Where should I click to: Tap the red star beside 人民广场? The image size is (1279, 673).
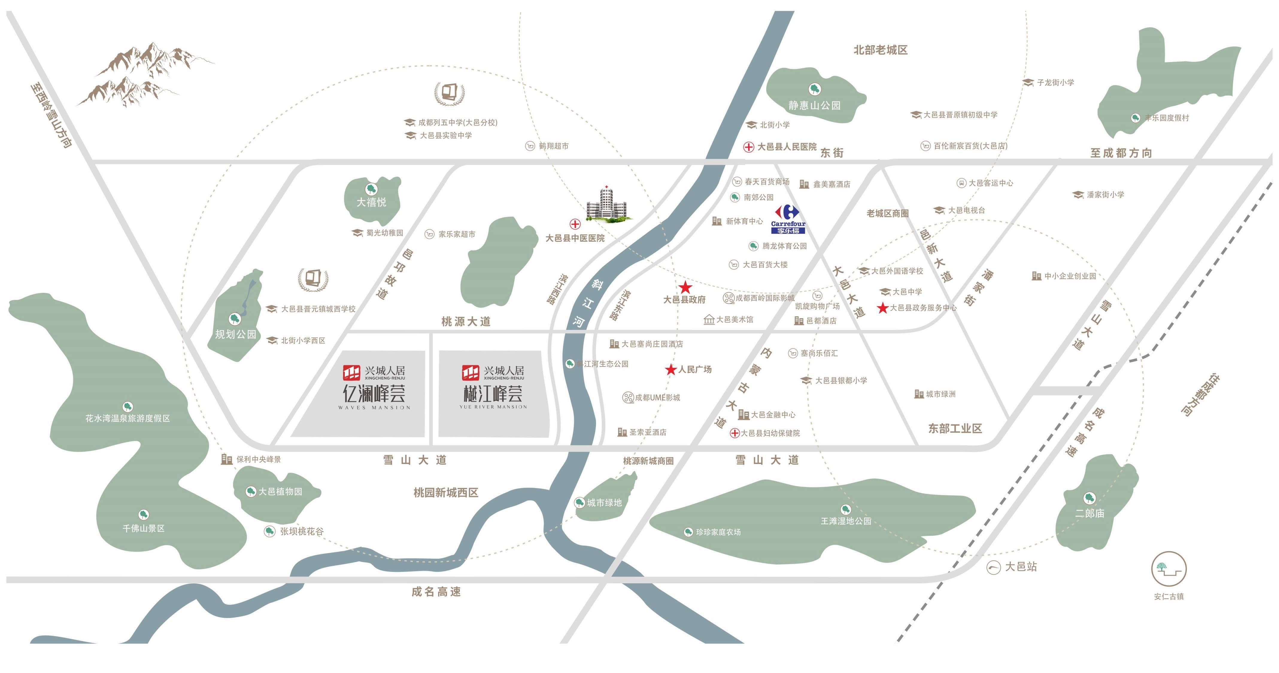671,370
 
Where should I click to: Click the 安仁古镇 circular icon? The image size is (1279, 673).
1169,569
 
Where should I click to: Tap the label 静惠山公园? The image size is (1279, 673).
814,105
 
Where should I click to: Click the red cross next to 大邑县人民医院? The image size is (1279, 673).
749,147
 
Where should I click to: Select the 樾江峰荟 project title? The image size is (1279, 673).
493,394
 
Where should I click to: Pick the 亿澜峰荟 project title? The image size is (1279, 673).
374,394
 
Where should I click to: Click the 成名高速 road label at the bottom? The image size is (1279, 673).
436,592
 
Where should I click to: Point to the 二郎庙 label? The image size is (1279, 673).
1090,514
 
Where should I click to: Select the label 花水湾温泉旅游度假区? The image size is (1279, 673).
128,418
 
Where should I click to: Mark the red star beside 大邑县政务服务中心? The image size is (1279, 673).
882,308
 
